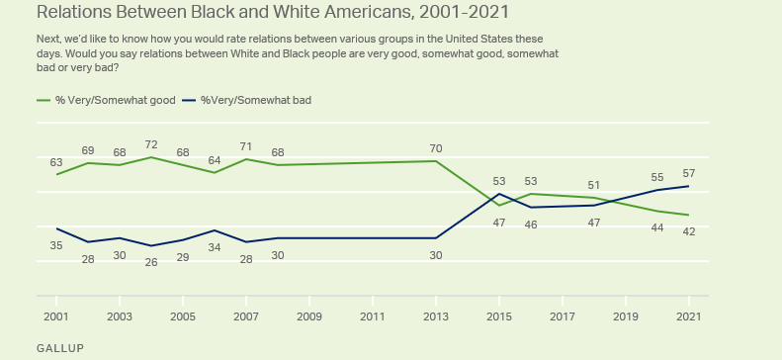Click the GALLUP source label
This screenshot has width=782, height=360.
click(x=59, y=349)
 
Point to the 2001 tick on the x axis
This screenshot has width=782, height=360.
click(x=56, y=316)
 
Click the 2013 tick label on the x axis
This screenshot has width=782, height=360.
click(x=436, y=316)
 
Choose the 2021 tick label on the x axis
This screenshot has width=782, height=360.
click(x=689, y=316)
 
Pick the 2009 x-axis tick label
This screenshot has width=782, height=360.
click(x=309, y=316)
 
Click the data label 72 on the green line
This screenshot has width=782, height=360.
click(x=151, y=144)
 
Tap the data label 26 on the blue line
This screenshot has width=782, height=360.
click(x=151, y=262)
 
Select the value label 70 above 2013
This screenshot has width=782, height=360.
click(x=436, y=148)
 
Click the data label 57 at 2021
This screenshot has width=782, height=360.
click(x=689, y=173)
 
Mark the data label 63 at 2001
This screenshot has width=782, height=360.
click(x=56, y=162)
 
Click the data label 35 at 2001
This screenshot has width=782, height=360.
click(x=56, y=245)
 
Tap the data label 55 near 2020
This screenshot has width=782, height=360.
click(x=657, y=177)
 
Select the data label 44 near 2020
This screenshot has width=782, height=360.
click(x=657, y=227)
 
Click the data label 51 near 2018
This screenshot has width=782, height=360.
click(x=594, y=185)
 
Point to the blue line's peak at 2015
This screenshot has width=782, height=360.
click(x=499, y=194)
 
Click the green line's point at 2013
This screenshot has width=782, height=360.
click(x=436, y=161)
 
